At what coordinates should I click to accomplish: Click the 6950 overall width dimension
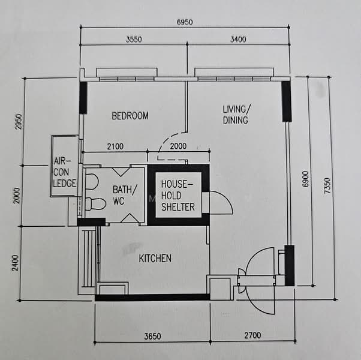185,22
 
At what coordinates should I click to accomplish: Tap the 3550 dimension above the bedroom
134,40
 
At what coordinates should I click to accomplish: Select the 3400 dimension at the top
238,40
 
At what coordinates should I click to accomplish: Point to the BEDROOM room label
130,116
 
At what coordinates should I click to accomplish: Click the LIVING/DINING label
236,115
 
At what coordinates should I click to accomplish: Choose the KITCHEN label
155,259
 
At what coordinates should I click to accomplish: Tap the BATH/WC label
125,195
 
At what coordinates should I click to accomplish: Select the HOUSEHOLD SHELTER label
178,196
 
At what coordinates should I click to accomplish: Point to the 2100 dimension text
115,146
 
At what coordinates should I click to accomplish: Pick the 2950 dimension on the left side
19,122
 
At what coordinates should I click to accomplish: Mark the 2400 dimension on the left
16,263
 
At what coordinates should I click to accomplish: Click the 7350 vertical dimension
327,185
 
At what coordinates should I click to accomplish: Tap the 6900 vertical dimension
305,179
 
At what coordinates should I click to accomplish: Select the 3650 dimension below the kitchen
152,337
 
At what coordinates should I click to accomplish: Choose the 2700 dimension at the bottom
252,335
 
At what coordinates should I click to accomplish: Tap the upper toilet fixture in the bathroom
92,181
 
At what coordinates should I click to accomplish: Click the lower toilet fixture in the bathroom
95,204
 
